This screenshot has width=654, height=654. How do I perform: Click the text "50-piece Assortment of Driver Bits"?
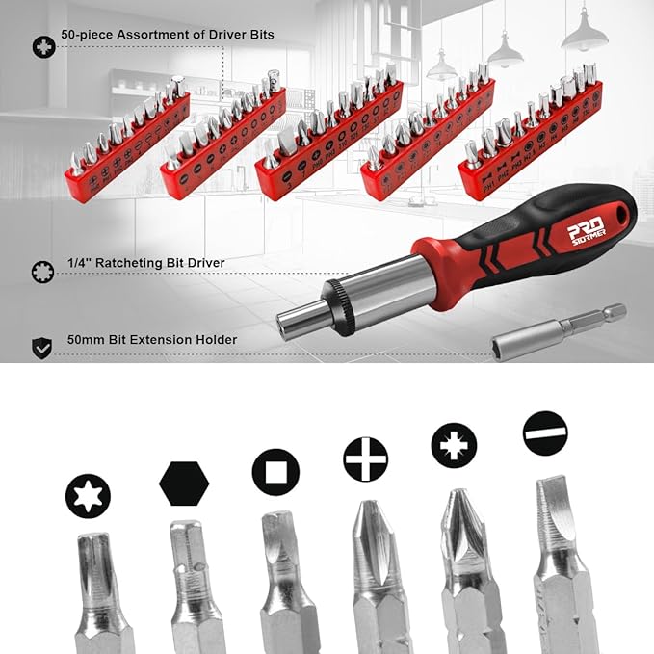(x=167, y=35)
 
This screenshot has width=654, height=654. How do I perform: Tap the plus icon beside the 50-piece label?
(x=43, y=46)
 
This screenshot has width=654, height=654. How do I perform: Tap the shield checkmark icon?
(x=42, y=348)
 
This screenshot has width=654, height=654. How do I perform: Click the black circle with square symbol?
(x=275, y=472)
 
